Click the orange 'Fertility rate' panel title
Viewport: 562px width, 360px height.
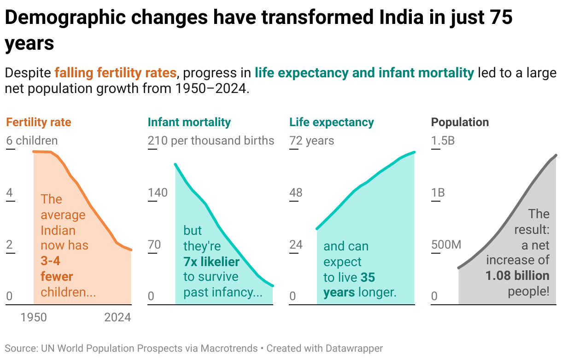click(x=39, y=122)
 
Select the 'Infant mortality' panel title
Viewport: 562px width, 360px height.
click(x=189, y=122)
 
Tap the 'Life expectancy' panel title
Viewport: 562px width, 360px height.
click(x=331, y=122)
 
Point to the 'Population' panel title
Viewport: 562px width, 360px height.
click(x=460, y=122)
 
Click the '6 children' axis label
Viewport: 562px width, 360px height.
click(x=32, y=140)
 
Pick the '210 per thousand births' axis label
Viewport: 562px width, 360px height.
click(x=211, y=140)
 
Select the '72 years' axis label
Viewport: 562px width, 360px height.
click(x=312, y=140)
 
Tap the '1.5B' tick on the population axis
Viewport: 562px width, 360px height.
click(x=443, y=140)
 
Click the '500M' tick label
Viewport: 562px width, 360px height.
click(x=446, y=244)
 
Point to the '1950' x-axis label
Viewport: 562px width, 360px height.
click(x=34, y=318)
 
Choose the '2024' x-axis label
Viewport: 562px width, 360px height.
click(x=117, y=318)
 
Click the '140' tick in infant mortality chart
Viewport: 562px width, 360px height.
click(x=158, y=192)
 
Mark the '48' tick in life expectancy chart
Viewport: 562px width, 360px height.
click(x=296, y=192)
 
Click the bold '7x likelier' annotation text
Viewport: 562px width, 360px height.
click(x=211, y=262)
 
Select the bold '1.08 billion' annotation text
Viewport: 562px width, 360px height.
click(x=517, y=276)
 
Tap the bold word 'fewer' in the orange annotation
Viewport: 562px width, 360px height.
click(x=57, y=277)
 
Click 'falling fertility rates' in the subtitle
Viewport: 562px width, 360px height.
click(x=116, y=73)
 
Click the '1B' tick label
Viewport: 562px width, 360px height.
click(x=438, y=192)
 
